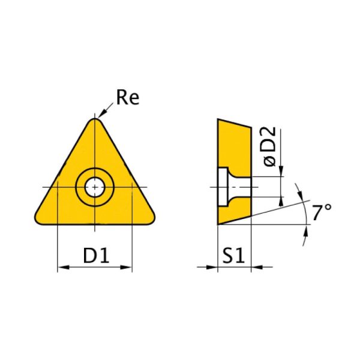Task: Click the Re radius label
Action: point(127,98)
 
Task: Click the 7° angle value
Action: point(322,211)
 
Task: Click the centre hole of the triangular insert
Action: point(94,187)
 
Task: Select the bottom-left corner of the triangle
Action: point(41,217)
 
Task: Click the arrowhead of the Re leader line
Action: point(100,116)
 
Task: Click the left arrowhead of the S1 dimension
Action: point(213,267)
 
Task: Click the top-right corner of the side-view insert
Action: point(251,127)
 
